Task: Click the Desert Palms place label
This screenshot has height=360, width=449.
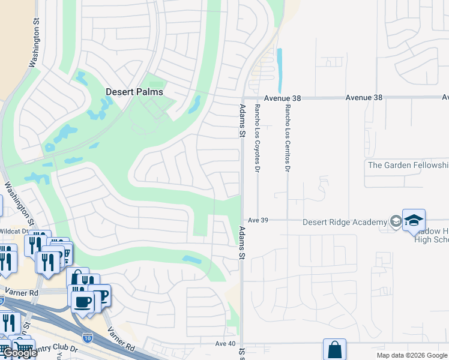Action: coord(134,92)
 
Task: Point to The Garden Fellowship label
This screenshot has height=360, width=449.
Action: coord(408,165)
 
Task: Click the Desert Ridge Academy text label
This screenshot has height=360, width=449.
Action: coord(345,222)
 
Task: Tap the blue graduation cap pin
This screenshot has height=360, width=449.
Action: coord(414,221)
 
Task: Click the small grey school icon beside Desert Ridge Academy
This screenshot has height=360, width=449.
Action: coord(395,222)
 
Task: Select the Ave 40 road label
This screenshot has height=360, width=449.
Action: coord(225,343)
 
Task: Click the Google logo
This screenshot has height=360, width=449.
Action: coord(19,353)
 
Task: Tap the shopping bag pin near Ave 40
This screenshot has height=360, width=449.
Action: coord(334,349)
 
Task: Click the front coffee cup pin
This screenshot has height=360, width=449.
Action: coord(82,302)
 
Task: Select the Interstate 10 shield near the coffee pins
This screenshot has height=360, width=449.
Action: coord(88,339)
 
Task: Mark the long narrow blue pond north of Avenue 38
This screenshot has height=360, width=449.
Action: coord(279,65)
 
